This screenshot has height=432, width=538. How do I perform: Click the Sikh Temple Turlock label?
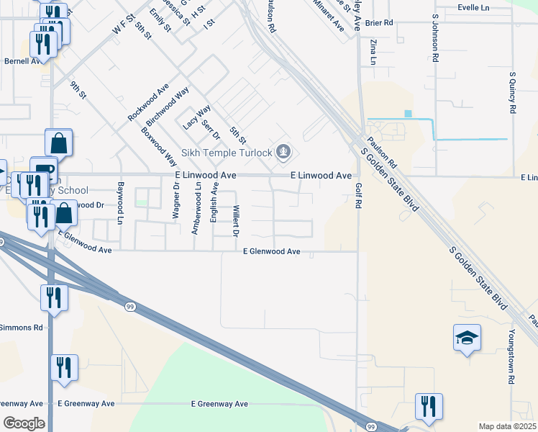tap(226, 152)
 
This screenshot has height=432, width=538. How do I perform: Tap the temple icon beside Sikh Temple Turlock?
tap(284, 152)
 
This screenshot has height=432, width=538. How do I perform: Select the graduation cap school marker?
tap(467, 337)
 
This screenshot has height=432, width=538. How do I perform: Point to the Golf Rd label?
tap(357, 195)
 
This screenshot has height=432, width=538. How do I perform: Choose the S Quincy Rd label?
tap(513, 92)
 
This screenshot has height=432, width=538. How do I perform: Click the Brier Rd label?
tap(379, 22)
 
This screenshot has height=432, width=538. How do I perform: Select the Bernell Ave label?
tap(22, 61)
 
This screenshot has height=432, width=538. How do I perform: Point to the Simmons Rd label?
tap(21, 328)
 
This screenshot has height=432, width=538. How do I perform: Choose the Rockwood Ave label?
tap(148, 102)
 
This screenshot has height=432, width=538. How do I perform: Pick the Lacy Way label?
tap(196, 117)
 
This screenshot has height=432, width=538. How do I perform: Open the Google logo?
tap(24, 423)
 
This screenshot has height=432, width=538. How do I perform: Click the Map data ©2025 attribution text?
tap(508, 426)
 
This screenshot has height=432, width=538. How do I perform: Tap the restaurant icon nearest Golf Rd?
tap(429, 406)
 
